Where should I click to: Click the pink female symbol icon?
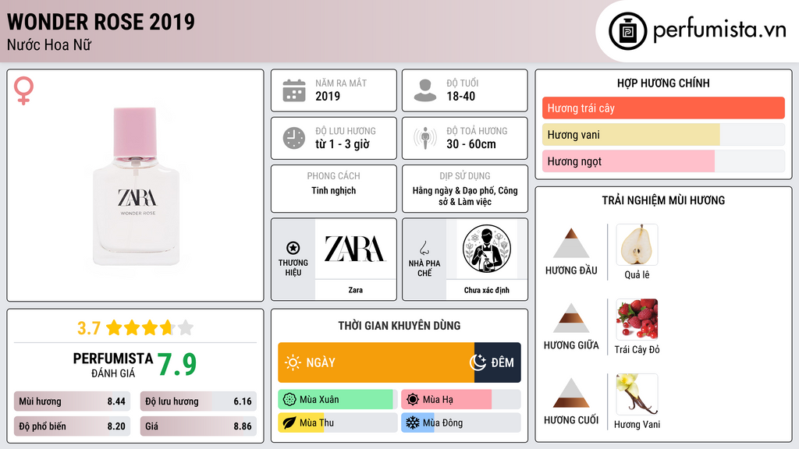coord(23,90)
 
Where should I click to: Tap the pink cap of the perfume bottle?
coord(135,132)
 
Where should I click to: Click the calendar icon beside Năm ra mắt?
coord(294,90)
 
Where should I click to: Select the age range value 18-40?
coord(460,96)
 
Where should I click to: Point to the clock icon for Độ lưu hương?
coord(294,138)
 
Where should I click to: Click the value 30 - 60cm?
coord(471,144)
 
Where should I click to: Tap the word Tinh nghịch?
coord(334,190)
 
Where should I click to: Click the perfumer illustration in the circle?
coord(487,249)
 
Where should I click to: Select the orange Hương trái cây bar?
coord(663,108)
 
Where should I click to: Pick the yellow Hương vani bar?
coord(630,134)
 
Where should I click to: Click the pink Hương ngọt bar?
coord(628,161)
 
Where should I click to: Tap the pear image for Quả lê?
coord(637,245)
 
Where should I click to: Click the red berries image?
coord(637,319)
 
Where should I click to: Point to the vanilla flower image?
coord(637,394)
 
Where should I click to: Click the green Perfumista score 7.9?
coord(177,364)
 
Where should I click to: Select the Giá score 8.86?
coord(243,426)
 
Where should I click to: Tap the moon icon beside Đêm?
coord(478,362)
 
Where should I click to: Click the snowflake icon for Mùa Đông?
coord(412,422)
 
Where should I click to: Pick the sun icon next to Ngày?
coord(293,362)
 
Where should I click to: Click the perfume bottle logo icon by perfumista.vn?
coord(627,31)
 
